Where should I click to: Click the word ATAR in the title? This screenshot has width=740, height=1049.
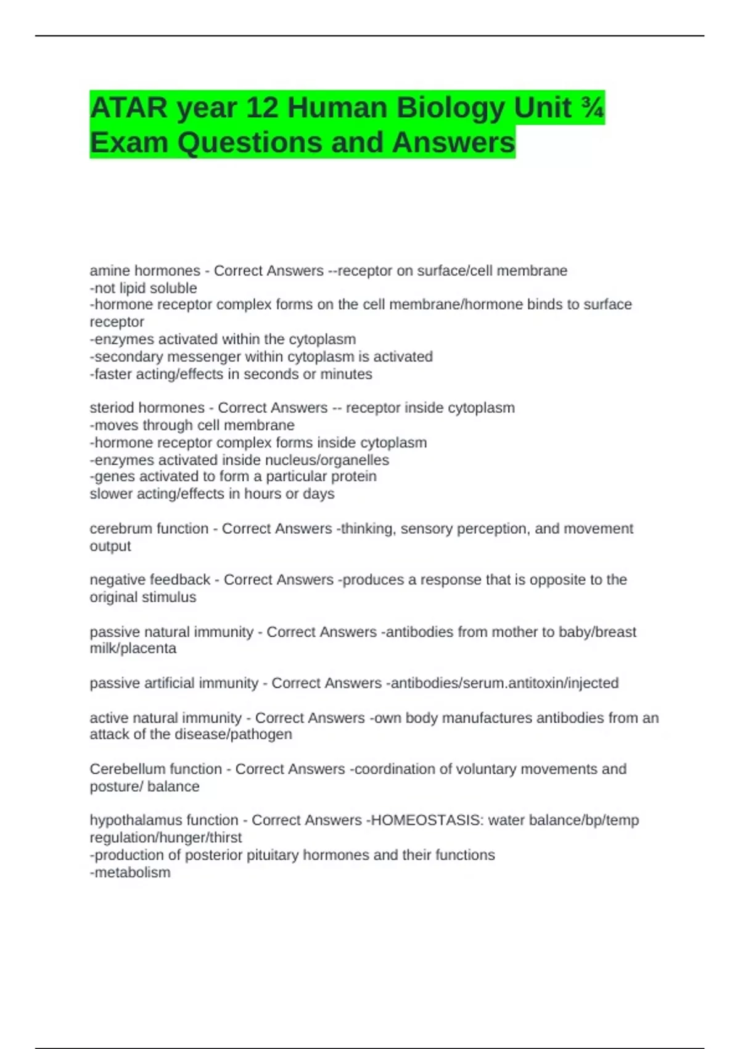128,108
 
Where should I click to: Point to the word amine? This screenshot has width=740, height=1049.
110,271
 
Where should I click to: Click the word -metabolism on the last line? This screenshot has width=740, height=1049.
130,873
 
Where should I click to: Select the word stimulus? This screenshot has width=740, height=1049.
170,597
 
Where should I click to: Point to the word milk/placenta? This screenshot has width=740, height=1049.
133,649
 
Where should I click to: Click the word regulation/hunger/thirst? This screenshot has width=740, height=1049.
165,838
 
